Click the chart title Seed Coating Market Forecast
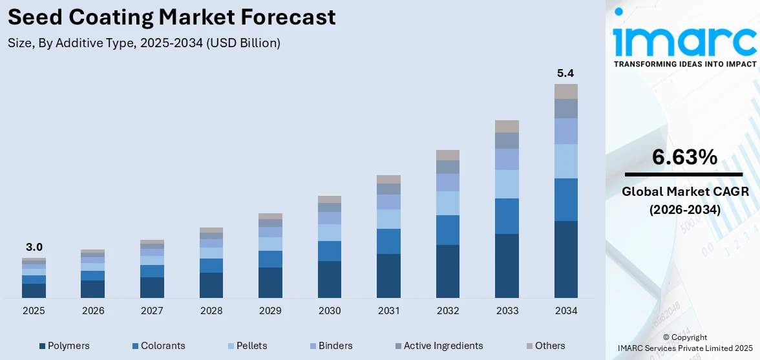pos(172,17)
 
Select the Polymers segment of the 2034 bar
pos(566,259)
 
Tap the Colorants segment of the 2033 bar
pos(507,216)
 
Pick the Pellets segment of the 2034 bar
pos(566,161)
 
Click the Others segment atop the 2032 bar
pos(448,155)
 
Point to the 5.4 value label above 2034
pos(566,73)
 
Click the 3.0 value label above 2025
pos(34,247)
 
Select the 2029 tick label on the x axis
pos(270,311)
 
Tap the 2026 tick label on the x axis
pos(93,311)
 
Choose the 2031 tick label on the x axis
pos(388,311)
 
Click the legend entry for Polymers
pos(64,346)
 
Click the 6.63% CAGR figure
pos(684,157)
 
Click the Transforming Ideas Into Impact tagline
pos(684,64)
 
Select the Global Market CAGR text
pos(684,192)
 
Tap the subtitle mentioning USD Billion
pos(144,43)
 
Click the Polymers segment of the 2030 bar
pos(330,279)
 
